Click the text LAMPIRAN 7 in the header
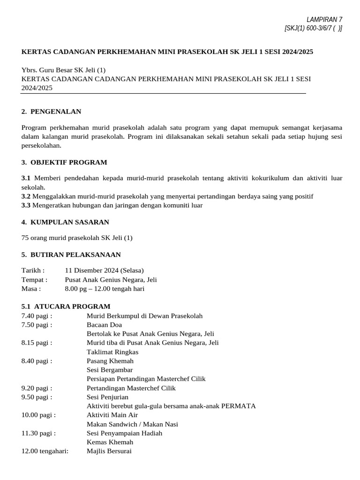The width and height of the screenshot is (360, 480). tap(324, 19)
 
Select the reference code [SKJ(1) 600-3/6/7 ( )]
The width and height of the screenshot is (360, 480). tap(313, 28)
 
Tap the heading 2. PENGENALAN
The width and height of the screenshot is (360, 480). tap(51, 112)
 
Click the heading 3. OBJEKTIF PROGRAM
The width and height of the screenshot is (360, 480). tap(64, 162)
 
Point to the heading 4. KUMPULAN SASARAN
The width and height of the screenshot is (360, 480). tap(65, 222)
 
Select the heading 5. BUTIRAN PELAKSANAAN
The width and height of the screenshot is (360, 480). tap(71, 255)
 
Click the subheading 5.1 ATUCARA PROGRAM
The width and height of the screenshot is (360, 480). tap(66, 306)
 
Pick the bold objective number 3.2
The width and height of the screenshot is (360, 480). tap(26, 196)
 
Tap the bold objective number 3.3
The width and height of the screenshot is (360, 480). tap(26, 205)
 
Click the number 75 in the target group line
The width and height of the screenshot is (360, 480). tap(25, 238)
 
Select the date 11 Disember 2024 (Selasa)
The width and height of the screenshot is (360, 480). tap(104, 270)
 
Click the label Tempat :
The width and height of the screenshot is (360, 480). tap(33, 279)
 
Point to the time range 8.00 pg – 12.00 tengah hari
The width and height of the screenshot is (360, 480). tap(105, 289)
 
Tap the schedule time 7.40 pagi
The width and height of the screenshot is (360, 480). tap(37, 316)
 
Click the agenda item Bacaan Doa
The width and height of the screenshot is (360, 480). tap(104, 324)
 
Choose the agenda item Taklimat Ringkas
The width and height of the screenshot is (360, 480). tap(112, 352)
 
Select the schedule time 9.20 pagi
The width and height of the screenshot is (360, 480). tap(37, 388)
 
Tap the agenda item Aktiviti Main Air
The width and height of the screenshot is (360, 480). tap(112, 415)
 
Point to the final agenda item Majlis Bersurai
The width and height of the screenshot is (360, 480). tap(109, 451)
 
